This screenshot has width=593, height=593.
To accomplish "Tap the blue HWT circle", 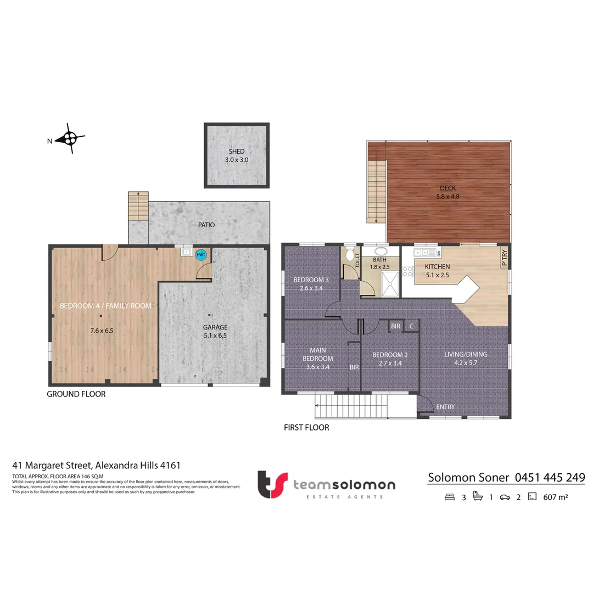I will point(201,255).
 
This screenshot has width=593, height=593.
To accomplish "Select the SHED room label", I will point(237,152).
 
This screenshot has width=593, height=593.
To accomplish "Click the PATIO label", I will point(206,225).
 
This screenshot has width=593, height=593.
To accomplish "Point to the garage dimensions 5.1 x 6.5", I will point(215,335).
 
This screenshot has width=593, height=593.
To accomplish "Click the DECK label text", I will point(447,188).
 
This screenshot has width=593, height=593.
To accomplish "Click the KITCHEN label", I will point(437,267).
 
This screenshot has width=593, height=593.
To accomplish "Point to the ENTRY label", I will point(445,407).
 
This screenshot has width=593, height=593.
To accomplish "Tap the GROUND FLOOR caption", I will point(76,394).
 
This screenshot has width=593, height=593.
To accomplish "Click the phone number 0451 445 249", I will point(550,478).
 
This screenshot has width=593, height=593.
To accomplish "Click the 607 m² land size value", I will point(555,497).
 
